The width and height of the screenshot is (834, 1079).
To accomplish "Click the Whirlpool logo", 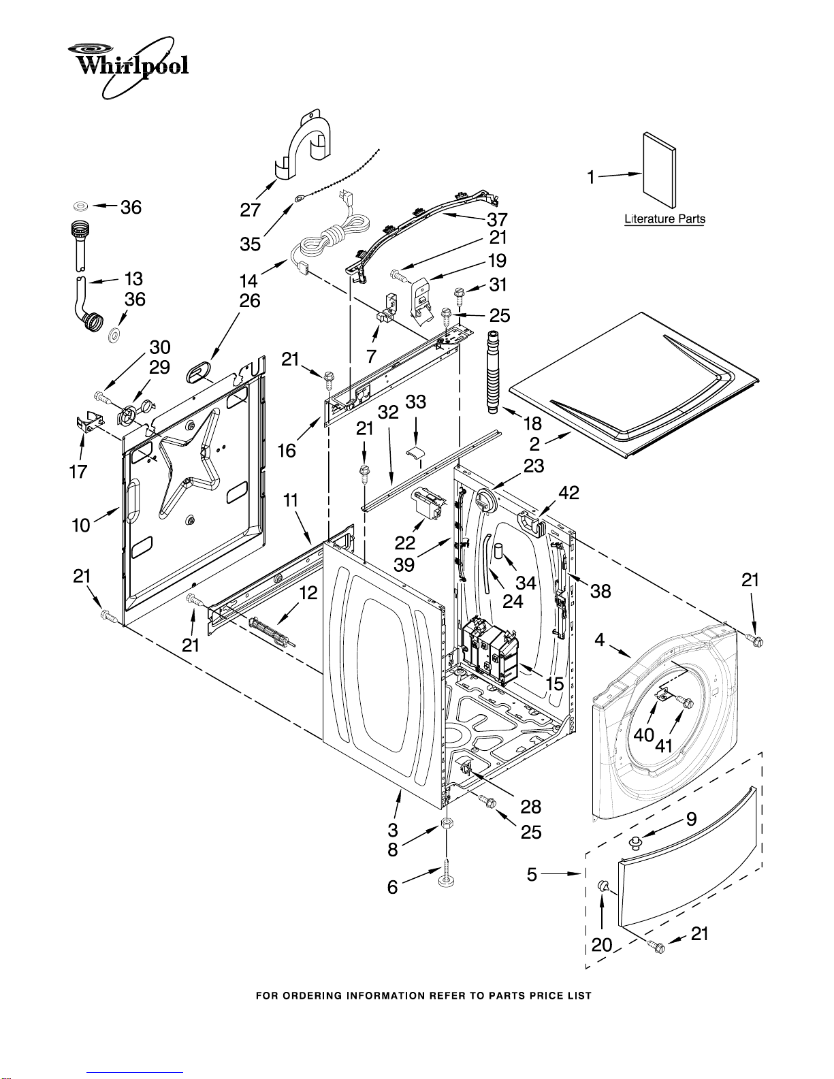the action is click(128, 67).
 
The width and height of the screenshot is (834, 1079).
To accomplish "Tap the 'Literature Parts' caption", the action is click(664, 219).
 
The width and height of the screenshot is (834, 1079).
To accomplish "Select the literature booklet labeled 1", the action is click(659, 170).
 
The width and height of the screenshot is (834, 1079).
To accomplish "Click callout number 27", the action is click(251, 210).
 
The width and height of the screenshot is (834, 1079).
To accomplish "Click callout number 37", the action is click(497, 219).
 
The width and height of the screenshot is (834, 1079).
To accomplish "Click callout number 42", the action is click(569, 492).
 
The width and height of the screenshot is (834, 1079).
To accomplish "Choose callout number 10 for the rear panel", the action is click(81, 525).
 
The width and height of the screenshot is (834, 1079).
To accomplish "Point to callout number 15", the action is click(554, 683).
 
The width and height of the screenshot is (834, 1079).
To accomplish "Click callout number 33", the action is click(415, 402).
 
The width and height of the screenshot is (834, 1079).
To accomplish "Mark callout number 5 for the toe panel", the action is click(532, 874).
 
